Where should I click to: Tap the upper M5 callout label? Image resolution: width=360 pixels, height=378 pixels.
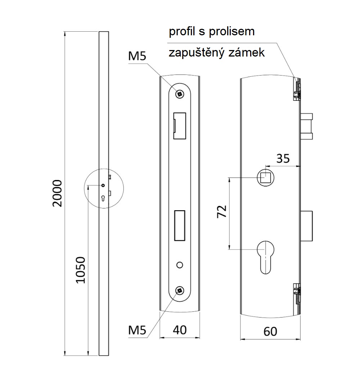(x=138, y=56)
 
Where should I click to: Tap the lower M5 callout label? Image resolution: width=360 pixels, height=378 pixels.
(x=138, y=330)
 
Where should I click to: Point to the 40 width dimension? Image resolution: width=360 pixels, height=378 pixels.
(x=179, y=329)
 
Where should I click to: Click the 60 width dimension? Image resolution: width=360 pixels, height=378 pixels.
(x=270, y=331)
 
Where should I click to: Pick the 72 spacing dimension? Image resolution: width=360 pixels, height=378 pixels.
(x=222, y=212)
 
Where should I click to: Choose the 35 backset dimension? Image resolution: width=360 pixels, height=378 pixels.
(x=283, y=158)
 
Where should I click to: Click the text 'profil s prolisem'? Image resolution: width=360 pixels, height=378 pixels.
(x=212, y=32)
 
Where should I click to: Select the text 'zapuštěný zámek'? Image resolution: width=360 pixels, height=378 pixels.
(x=217, y=53)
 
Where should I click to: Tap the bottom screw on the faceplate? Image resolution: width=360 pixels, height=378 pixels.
(x=179, y=291)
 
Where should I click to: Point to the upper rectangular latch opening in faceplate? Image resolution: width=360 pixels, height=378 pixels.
(x=179, y=125)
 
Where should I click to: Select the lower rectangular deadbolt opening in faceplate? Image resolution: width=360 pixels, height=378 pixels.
(x=179, y=225)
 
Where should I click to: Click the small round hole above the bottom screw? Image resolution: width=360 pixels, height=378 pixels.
(x=179, y=265)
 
